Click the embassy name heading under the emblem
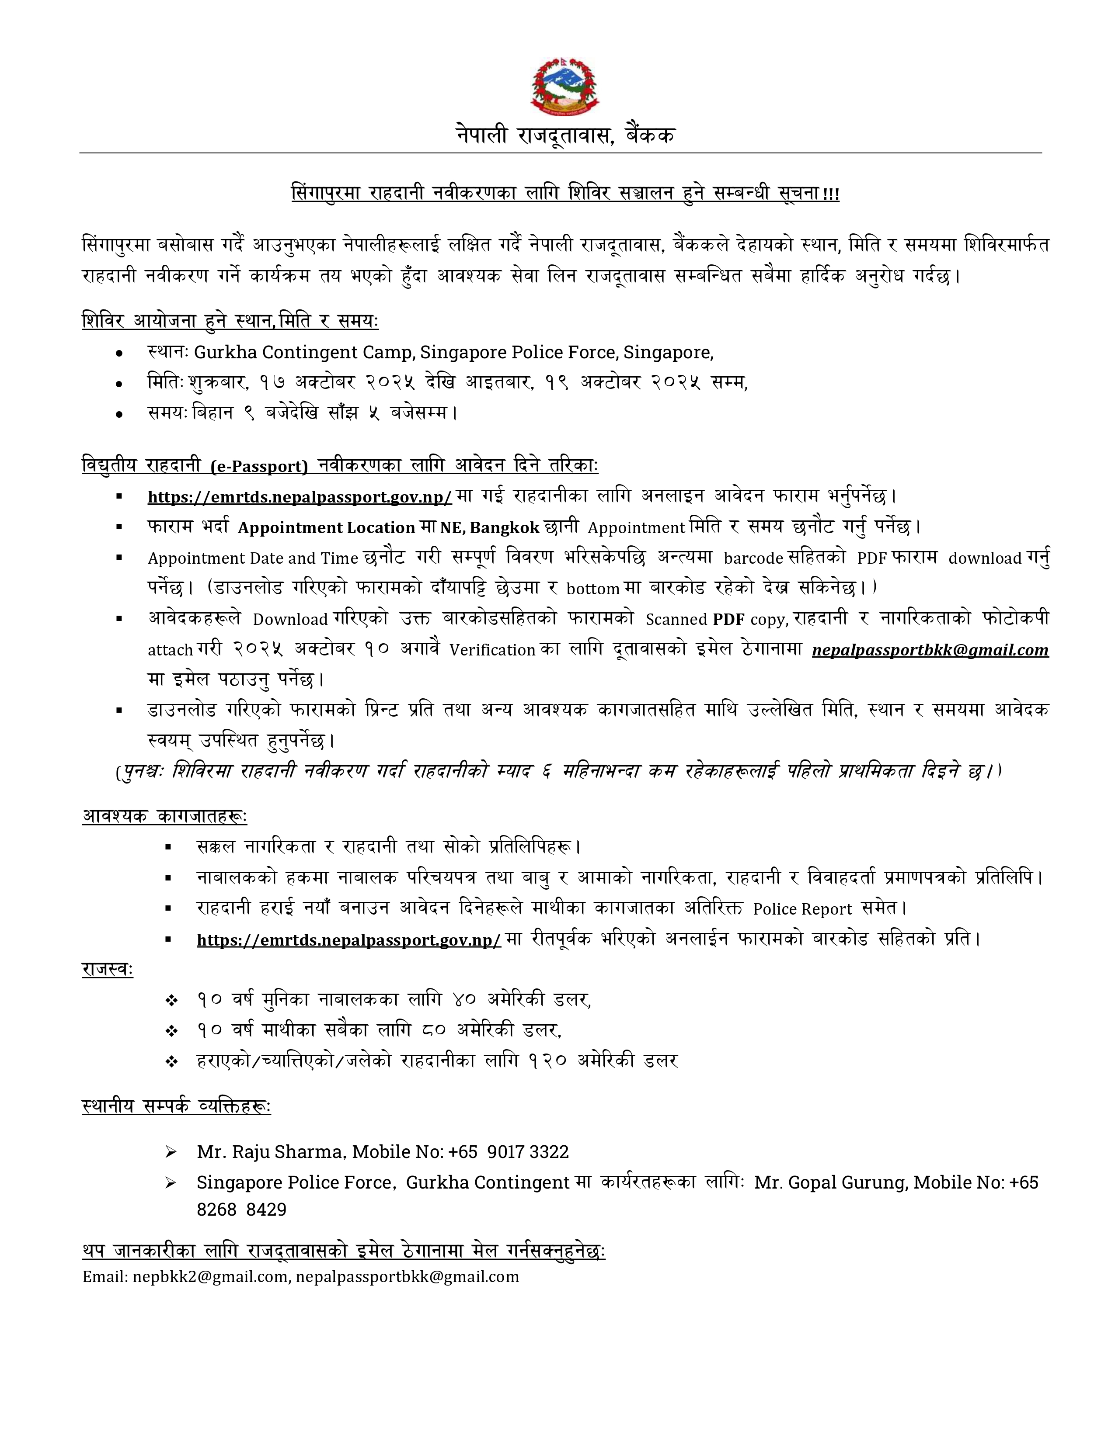(x=565, y=135)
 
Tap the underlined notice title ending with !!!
(x=565, y=194)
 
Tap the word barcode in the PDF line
(x=753, y=558)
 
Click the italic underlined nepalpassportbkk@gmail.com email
(x=930, y=650)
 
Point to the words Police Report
(x=802, y=909)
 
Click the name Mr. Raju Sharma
(x=270, y=1152)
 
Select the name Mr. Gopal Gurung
(x=831, y=1182)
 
